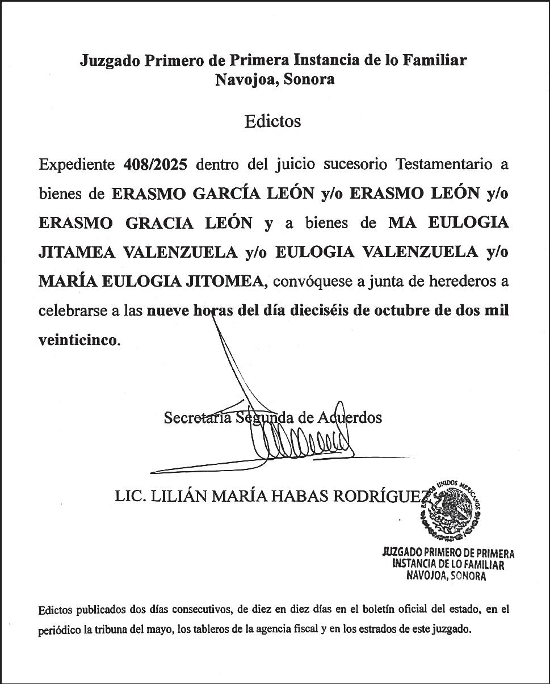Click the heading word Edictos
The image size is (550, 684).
272,121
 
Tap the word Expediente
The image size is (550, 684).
77,165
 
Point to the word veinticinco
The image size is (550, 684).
78,340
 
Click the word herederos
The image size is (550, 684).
469,282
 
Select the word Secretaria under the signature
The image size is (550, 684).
197,418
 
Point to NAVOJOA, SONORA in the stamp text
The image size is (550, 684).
446,576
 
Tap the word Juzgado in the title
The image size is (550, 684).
108,60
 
